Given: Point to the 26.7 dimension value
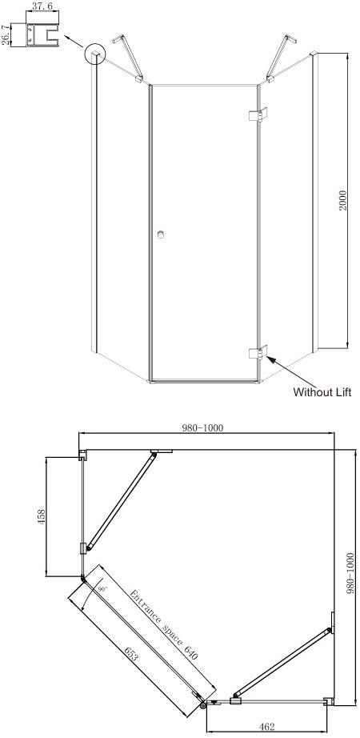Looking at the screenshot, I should (x=6, y=37).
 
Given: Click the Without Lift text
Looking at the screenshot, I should (x=321, y=392).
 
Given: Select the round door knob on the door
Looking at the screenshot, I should (x=161, y=235).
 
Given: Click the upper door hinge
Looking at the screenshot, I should (x=258, y=114).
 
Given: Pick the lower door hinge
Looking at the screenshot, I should (x=258, y=353).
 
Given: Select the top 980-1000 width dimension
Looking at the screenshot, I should (x=201, y=427).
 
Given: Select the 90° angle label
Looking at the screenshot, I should (x=102, y=588).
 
